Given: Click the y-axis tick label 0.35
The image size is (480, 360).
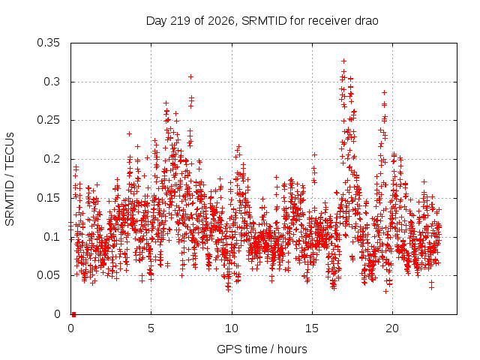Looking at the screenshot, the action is [x=48, y=43].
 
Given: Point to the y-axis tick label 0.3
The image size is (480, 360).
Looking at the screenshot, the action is [x=52, y=82].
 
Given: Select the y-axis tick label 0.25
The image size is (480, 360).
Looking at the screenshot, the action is [x=48, y=120].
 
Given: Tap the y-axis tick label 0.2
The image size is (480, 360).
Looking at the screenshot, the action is [x=52, y=159].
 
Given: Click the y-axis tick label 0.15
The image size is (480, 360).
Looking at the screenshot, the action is [x=48, y=198].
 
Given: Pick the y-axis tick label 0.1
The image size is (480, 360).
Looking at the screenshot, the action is [x=52, y=237].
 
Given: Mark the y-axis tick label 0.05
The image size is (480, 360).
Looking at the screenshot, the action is [x=48, y=275].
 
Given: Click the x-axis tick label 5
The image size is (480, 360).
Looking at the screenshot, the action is [x=151, y=328].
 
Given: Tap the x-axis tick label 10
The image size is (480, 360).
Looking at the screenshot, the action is [x=232, y=328].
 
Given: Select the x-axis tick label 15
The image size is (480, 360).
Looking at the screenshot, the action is [x=312, y=328].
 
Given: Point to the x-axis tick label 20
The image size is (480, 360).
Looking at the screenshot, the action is [x=392, y=328].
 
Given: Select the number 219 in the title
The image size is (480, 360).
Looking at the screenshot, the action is [x=181, y=21].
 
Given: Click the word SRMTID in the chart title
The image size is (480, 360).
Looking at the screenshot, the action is [x=264, y=21].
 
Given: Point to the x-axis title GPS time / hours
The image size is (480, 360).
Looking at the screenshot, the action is [x=262, y=349].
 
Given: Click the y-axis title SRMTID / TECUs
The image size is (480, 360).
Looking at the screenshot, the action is [x=10, y=179].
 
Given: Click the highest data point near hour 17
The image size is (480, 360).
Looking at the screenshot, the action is [x=343, y=61].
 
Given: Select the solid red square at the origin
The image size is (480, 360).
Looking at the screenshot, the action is [x=73, y=314].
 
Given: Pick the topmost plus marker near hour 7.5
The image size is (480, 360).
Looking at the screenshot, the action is [x=190, y=76].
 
